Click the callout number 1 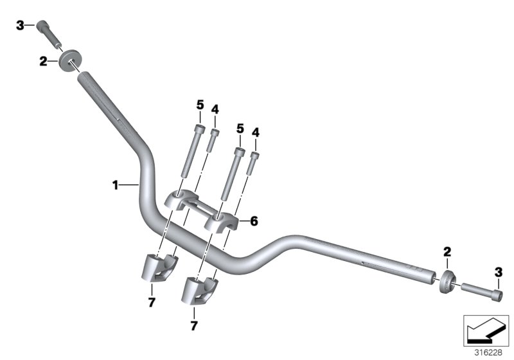click(x=115, y=185)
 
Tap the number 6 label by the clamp click(x=254, y=221)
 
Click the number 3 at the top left click(x=20, y=25)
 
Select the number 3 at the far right click(x=498, y=273)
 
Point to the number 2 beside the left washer click(x=43, y=62)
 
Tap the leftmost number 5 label click(x=200, y=105)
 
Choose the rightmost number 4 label click(x=255, y=132)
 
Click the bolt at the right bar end click(x=481, y=291)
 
